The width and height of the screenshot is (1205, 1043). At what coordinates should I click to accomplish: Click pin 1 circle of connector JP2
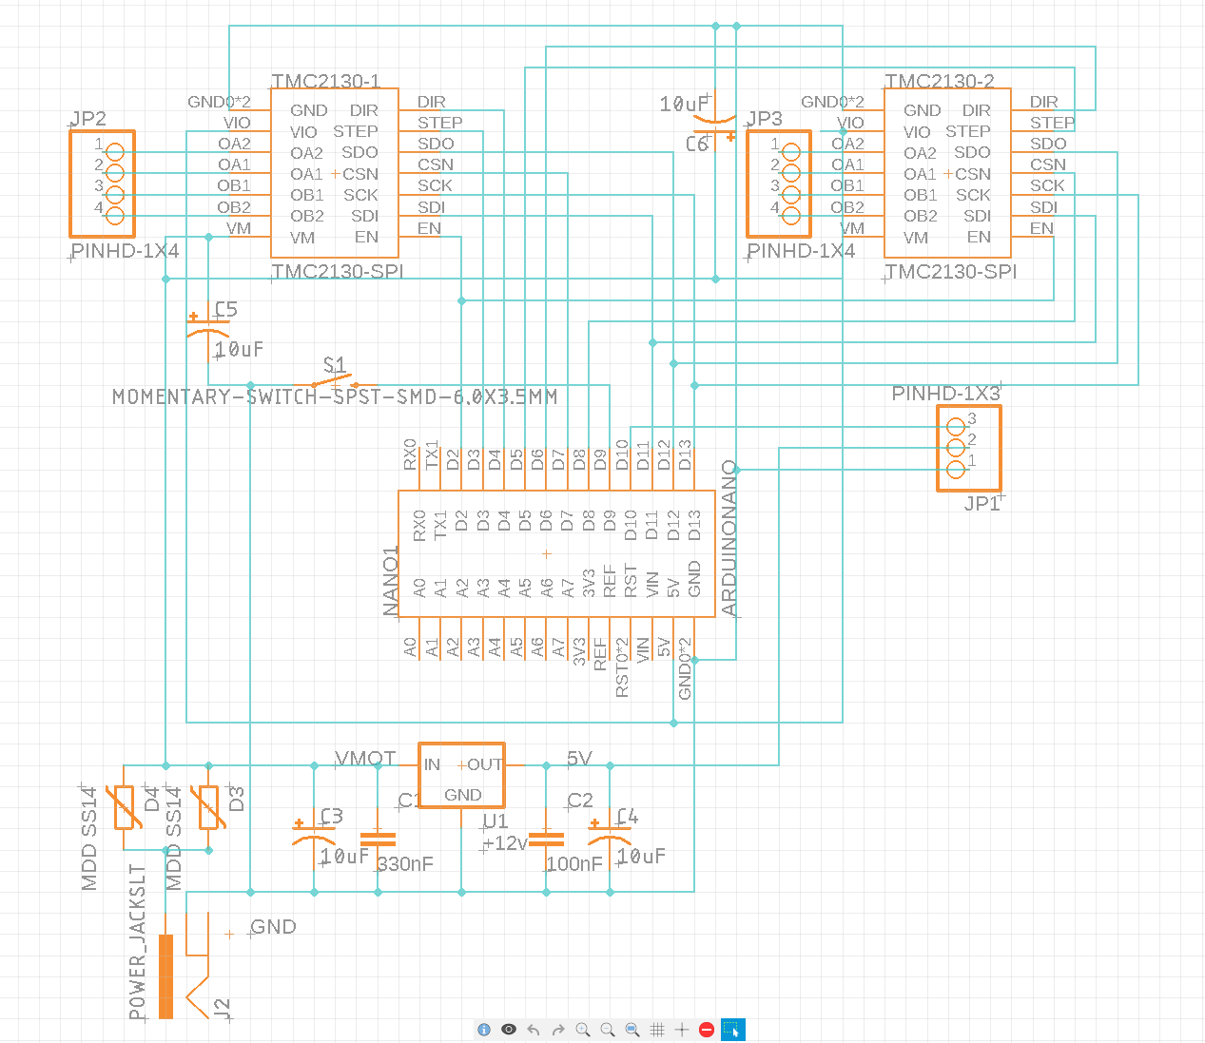(115, 152)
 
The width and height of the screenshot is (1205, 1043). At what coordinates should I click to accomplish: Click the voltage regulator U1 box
(461, 776)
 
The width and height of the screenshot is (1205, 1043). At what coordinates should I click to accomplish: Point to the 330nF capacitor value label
(405, 864)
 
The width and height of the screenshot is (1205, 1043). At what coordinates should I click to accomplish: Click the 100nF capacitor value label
(574, 864)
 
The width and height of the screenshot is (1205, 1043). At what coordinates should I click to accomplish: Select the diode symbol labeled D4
(125, 807)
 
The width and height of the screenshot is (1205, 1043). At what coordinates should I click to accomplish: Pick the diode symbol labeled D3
(208, 807)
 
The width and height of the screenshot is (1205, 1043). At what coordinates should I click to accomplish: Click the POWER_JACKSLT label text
(138, 941)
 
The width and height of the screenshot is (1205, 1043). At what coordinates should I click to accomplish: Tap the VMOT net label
(365, 759)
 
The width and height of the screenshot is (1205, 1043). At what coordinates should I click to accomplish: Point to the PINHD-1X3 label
(945, 394)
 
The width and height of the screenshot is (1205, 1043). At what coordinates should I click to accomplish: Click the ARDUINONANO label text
(729, 538)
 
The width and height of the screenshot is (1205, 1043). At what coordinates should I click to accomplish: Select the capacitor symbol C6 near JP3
(714, 121)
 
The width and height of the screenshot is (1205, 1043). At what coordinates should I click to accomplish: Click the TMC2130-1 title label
(325, 82)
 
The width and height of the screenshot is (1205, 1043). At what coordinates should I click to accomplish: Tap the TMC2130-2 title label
(939, 82)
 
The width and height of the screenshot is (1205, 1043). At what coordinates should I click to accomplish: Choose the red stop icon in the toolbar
(707, 1030)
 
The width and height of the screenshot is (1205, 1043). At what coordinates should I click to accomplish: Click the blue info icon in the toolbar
(484, 1030)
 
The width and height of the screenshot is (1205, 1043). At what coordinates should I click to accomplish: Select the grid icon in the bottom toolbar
(657, 1030)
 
